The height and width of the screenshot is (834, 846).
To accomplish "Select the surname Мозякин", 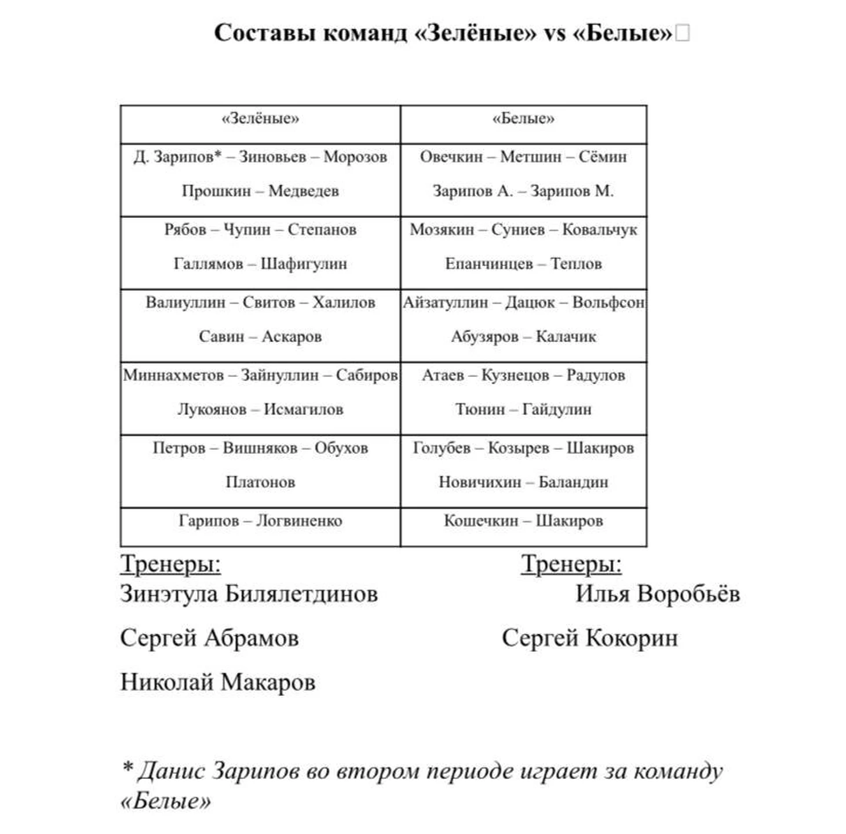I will [x=442, y=230].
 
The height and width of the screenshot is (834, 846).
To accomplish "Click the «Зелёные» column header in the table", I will [x=260, y=119].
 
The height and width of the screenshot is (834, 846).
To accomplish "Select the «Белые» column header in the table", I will [x=523, y=119].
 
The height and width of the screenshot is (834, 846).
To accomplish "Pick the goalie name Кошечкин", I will [x=480, y=520].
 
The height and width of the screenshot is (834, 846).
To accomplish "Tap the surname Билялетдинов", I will [x=301, y=593].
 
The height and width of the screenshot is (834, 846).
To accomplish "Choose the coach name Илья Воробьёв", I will [x=657, y=593].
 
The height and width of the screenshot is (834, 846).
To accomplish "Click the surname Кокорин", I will [x=632, y=638].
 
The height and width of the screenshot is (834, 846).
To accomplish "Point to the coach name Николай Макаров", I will [x=217, y=682].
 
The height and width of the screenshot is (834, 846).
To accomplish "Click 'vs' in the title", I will [x=554, y=34].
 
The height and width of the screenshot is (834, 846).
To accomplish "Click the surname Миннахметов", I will [x=173, y=376].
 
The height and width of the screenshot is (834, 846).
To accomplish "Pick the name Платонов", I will [x=260, y=482].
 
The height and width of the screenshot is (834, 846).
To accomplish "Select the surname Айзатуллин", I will [x=445, y=303].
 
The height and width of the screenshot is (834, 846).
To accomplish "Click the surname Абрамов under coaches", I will [x=251, y=638].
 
